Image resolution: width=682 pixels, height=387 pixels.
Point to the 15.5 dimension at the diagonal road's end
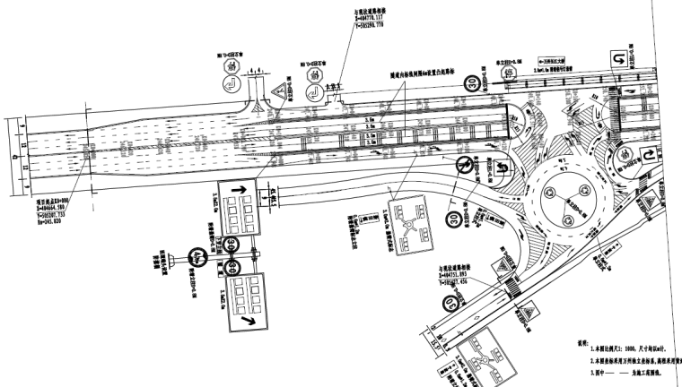[x=433, y=340]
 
